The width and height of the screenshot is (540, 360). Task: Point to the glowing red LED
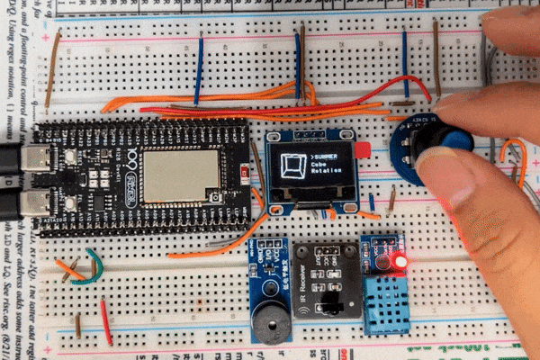(399, 262)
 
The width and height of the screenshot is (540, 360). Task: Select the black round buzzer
(270, 324)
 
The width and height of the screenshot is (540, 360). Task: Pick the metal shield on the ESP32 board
(181, 175)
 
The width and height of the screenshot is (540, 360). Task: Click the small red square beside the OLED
(363, 150)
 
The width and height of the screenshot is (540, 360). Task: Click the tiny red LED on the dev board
(245, 172)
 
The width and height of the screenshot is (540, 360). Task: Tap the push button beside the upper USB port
(69, 157)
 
